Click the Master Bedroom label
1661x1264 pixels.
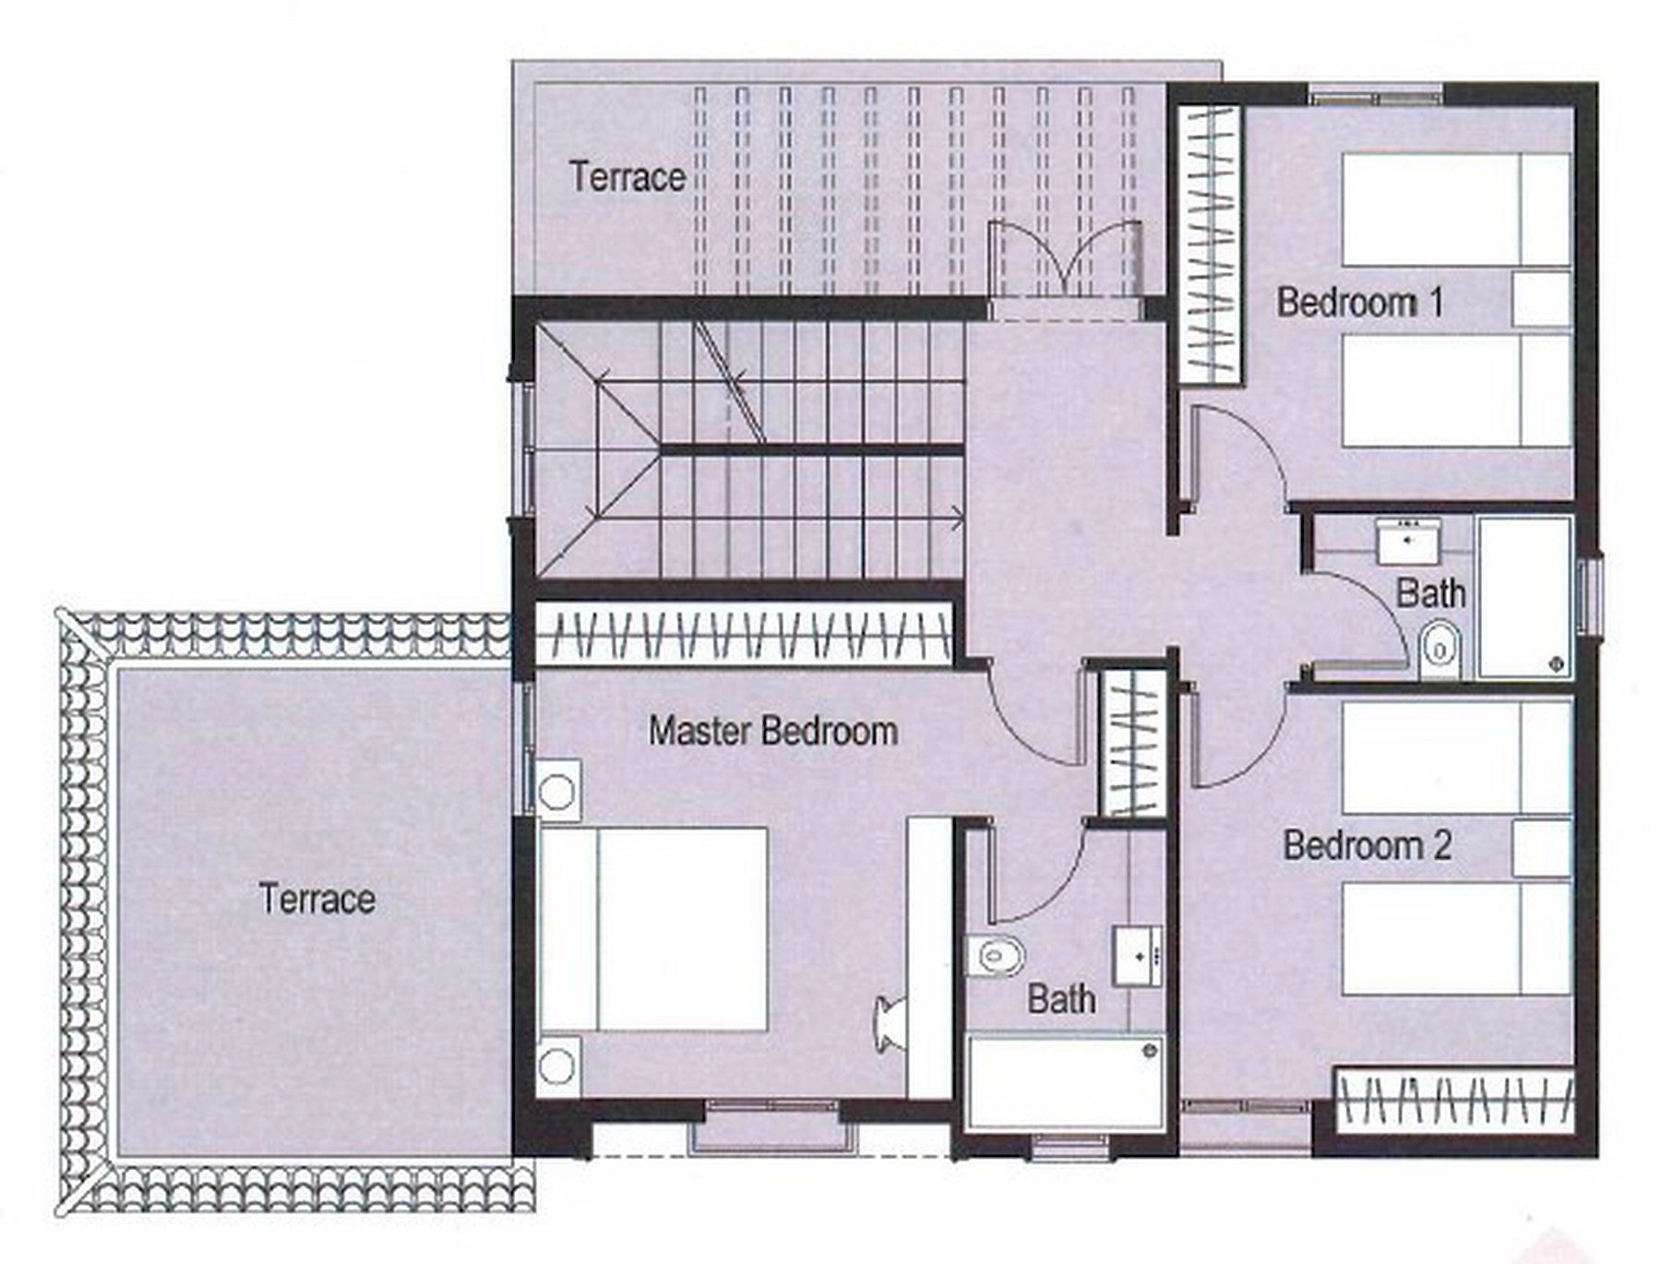tap(772, 731)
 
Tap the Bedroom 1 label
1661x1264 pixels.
tap(1359, 302)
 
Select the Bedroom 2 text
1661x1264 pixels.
tap(1367, 845)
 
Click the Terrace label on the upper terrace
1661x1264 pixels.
tap(627, 176)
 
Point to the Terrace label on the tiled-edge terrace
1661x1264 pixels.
tap(317, 899)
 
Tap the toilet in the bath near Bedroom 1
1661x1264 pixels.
tap(1440, 649)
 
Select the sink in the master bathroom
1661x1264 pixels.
tap(1137, 957)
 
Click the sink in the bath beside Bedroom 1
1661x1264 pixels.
tap(1408, 542)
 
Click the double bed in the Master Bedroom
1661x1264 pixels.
tap(654, 928)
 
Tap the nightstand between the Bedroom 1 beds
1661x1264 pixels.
tap(1542, 298)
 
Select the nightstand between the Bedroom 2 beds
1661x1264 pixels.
tap(1542, 848)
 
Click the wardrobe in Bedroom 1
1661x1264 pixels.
tap(1211, 244)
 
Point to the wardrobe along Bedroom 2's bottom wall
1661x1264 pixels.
tap(1454, 1100)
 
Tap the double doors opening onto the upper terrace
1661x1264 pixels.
tap(1065, 259)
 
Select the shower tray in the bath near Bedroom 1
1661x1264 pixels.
tap(1524, 598)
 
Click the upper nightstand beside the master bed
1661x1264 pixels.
tap(559, 791)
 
